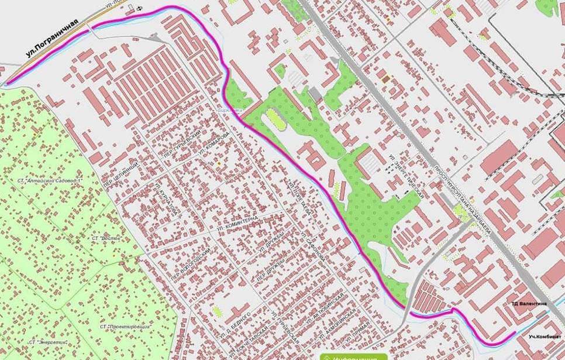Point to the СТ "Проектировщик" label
[125, 325]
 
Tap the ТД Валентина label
[529, 304]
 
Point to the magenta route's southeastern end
[515, 332]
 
